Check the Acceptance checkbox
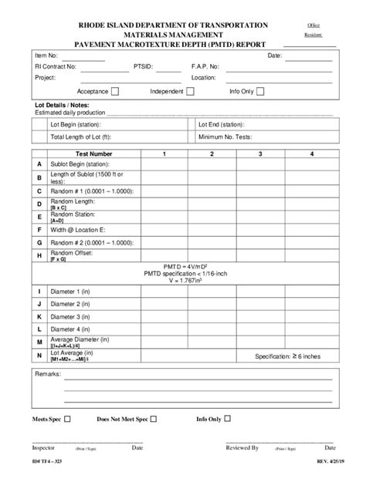115,92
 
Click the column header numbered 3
260,154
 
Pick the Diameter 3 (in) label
70,316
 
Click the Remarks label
50,374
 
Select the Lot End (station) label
221,123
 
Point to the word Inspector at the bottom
44,447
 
